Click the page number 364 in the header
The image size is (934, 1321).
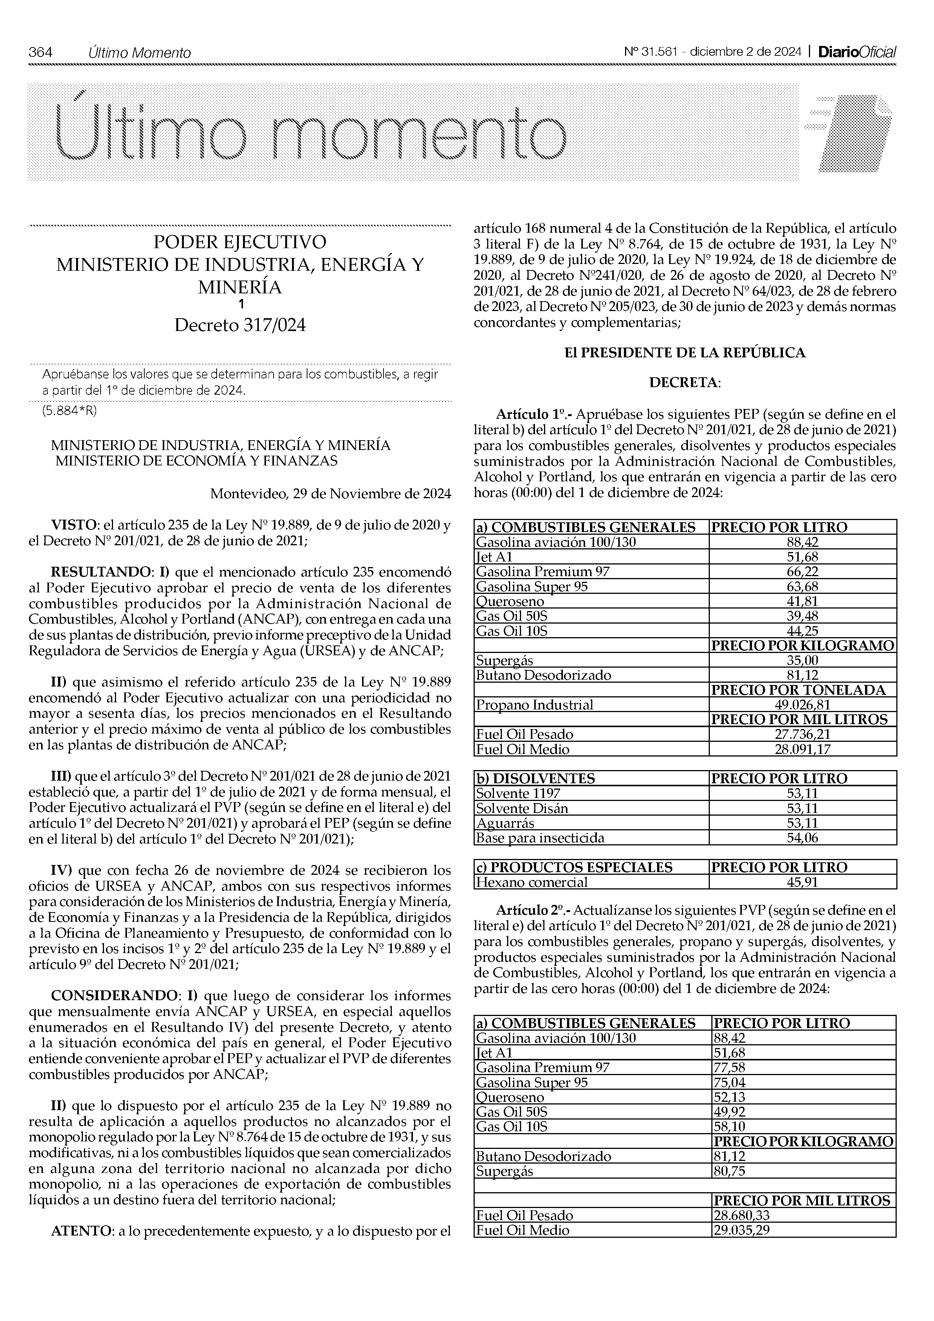[x=40, y=52]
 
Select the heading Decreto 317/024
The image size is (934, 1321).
[x=240, y=326]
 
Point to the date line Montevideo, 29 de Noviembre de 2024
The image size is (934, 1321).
[x=330, y=494]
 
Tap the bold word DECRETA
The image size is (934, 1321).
[x=685, y=383]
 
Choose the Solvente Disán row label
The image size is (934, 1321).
[x=522, y=808]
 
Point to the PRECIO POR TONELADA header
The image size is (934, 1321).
[x=799, y=690]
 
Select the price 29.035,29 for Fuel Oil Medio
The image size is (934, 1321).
[x=741, y=1231]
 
